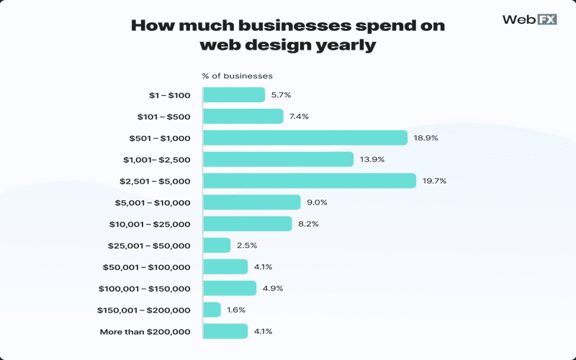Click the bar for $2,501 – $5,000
coord(310,181)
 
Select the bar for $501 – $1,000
coord(305,138)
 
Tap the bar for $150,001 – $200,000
coord(212,310)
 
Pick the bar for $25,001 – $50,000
coord(217,246)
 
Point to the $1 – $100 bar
coord(234,95)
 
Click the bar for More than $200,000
coord(225,331)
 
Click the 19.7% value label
coord(436,181)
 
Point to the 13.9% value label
coord(372,159)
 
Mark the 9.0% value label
coord(319,202)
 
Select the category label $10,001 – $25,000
coord(149,224)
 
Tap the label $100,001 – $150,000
coord(144,288)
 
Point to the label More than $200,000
coord(145,331)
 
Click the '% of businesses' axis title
coord(238,76)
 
